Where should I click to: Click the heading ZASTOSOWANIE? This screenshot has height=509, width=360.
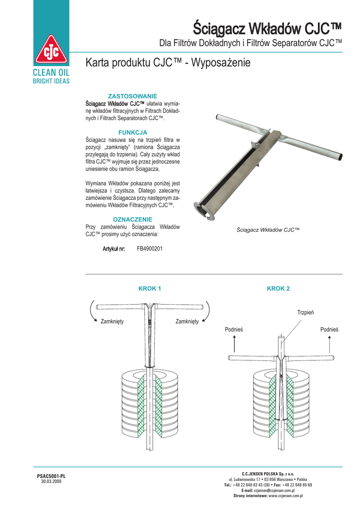pos(133,95)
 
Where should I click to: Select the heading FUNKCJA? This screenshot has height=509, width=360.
pos(133,132)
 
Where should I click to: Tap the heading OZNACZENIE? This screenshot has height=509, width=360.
pos(133,219)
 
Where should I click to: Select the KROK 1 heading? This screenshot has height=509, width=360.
pos(150,288)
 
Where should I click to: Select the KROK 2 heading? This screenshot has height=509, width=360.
pos(278,288)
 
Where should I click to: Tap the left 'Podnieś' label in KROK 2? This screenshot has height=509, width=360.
pos(234,330)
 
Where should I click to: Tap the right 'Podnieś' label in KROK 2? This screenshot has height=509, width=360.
pos(329,330)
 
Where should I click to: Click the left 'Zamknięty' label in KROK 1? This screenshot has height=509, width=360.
pos(112,322)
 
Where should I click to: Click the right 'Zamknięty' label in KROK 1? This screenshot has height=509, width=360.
pos(187,322)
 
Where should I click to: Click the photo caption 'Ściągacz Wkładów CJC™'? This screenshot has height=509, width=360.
pos(269,230)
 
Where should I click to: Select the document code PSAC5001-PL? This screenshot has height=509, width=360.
pos(51,476)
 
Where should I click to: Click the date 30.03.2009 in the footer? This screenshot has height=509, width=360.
pos(51,481)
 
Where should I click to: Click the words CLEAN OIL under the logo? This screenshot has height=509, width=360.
pos(51,73)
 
